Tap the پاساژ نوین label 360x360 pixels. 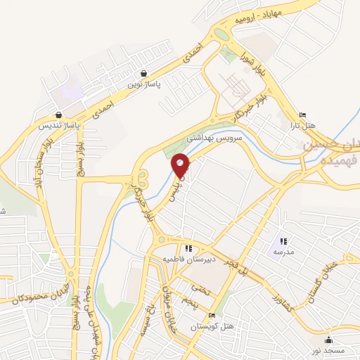click(x=144, y=84)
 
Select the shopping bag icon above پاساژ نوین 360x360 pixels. click(x=144, y=73)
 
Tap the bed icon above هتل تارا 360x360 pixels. click(x=303, y=115)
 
